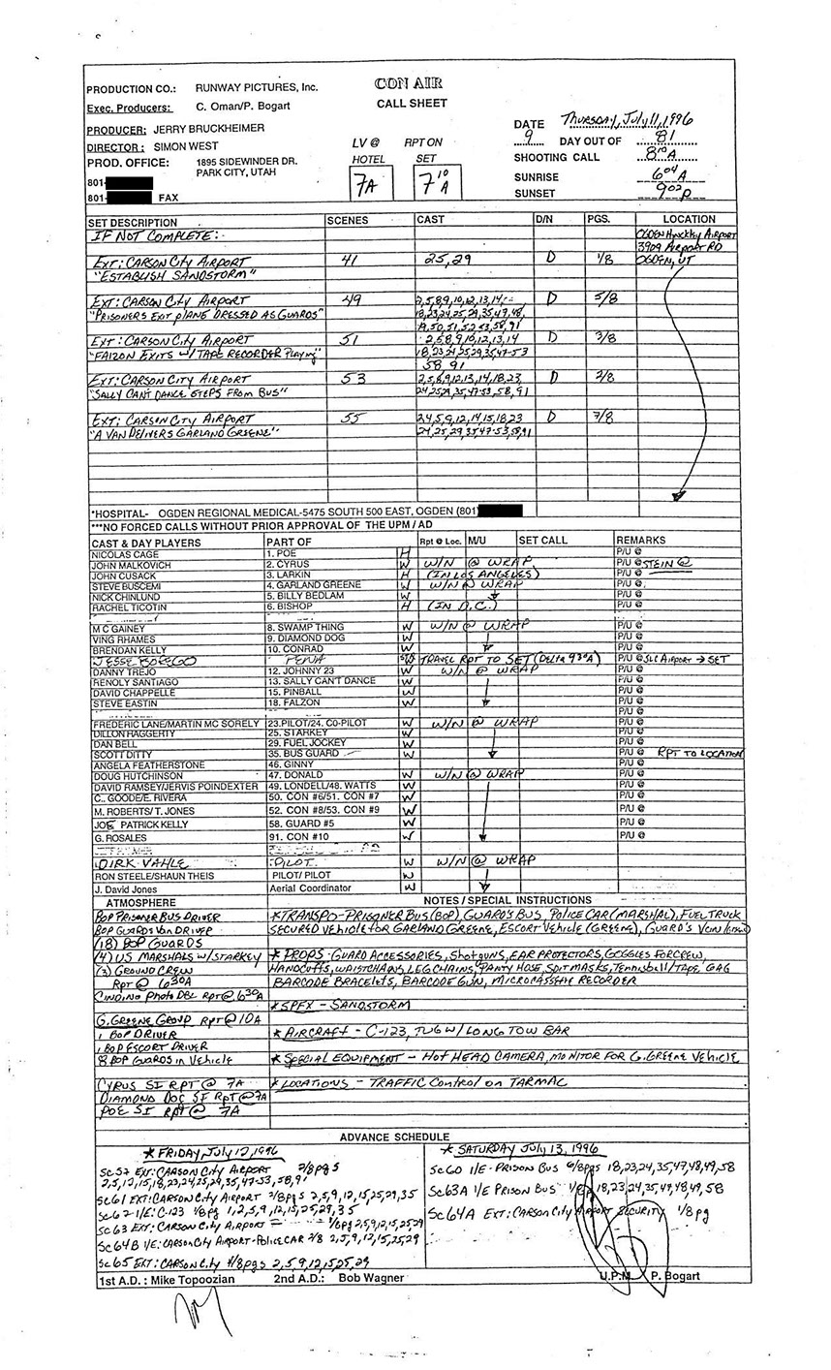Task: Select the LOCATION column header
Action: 689,220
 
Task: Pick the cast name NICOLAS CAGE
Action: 125,552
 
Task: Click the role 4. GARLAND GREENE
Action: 314,585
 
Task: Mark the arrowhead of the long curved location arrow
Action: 679,496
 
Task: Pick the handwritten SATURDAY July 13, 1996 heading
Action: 520,1150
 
